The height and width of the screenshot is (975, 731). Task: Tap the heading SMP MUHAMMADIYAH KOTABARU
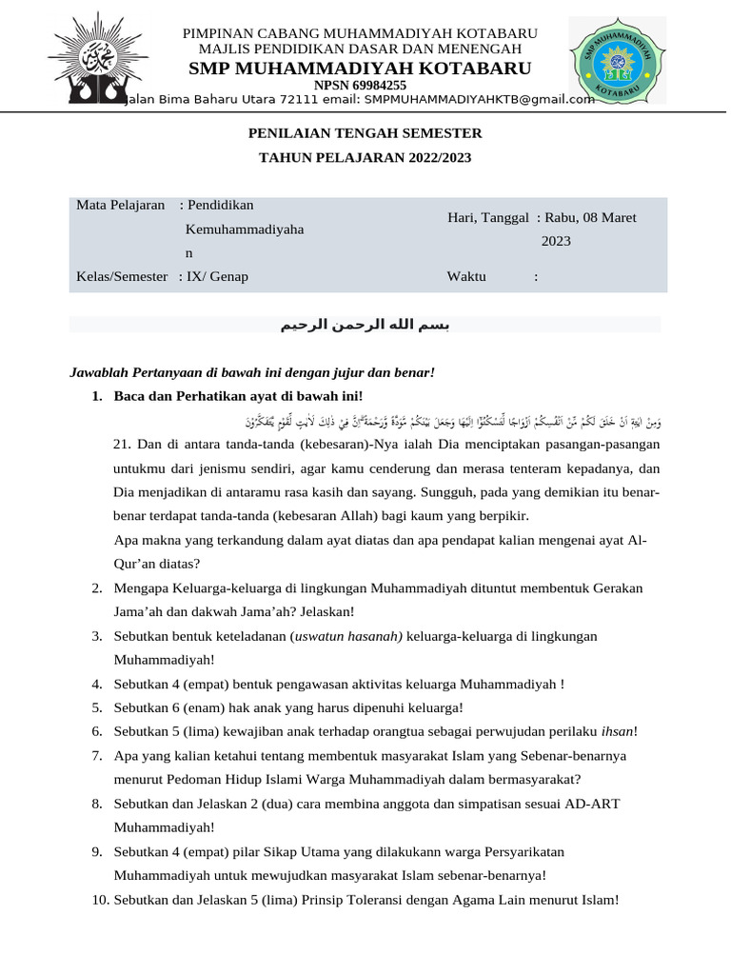click(x=360, y=68)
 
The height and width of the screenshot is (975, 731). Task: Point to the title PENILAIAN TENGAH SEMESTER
click(x=365, y=133)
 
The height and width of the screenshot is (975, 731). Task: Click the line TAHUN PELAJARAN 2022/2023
click(x=365, y=157)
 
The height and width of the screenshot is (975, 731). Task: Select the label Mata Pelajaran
click(x=121, y=206)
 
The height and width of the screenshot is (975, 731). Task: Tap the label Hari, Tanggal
click(x=487, y=218)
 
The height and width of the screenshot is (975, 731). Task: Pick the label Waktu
click(x=466, y=277)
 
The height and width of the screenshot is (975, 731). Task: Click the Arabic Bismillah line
click(x=365, y=326)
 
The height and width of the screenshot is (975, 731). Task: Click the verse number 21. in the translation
click(x=122, y=445)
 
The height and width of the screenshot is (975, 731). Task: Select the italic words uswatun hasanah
click(x=347, y=636)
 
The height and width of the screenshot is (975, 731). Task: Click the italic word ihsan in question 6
click(x=617, y=731)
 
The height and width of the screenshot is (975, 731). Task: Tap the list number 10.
click(x=101, y=899)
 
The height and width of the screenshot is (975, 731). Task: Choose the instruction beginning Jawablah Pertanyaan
click(x=252, y=372)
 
